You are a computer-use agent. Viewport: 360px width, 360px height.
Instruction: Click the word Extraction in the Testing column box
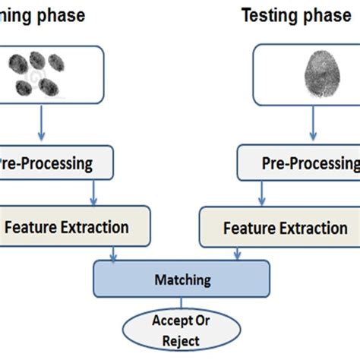(311, 228)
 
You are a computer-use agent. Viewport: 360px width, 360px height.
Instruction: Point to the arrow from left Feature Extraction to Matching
(114, 252)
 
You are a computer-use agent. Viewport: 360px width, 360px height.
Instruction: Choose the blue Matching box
(182, 280)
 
